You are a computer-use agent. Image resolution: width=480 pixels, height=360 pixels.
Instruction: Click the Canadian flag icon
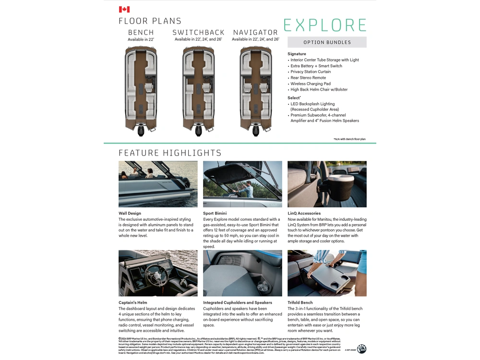pyautogui.click(x=124, y=9)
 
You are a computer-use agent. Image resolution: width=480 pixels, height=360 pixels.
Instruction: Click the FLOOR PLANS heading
pyautogui.click(x=150, y=21)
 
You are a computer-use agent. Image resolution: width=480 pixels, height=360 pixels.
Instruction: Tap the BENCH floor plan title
pyautogui.click(x=141, y=33)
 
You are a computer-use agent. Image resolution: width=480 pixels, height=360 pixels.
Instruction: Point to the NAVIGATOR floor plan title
pyautogui.click(x=255, y=33)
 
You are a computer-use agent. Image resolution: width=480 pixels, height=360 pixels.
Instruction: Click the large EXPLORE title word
pyautogui.click(x=325, y=25)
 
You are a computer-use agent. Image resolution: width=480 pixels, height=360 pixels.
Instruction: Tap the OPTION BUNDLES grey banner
pyautogui.click(x=327, y=42)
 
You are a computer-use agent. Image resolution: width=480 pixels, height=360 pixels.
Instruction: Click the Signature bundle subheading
pyautogui.click(x=297, y=54)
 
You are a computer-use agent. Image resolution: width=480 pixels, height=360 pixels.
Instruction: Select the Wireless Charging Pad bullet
pyautogui.click(x=310, y=84)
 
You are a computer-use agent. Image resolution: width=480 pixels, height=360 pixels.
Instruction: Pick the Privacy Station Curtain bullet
pyautogui.click(x=311, y=72)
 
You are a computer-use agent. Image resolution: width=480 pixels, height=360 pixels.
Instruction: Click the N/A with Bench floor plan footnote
pyautogui.click(x=349, y=139)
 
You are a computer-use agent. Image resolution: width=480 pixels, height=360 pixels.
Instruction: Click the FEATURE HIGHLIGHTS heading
pyautogui.click(x=170, y=153)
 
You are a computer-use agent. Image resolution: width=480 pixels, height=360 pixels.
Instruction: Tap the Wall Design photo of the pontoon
pyautogui.click(x=158, y=184)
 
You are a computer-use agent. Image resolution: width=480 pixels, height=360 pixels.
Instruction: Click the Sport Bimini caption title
pyautogui.click(x=215, y=213)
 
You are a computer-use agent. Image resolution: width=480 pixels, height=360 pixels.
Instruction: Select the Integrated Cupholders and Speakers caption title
pyautogui.click(x=237, y=302)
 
